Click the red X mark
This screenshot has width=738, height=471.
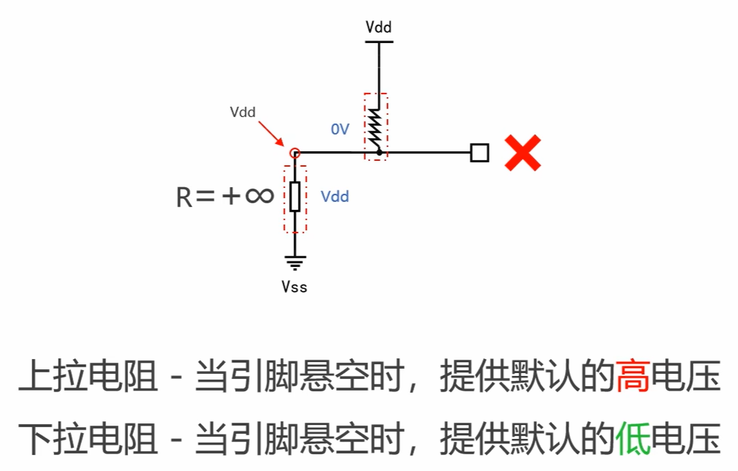[522, 152]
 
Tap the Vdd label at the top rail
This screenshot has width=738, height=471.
[378, 27]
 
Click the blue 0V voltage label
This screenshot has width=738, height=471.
[340, 129]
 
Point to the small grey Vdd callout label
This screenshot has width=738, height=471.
[243, 112]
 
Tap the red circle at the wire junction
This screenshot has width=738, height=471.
[295, 152]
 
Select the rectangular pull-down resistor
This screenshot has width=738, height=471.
[295, 196]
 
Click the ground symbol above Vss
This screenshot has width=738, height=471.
[295, 262]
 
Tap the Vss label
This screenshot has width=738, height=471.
[294, 286]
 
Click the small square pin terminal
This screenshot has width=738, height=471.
[479, 152]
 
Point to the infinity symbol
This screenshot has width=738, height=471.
[259, 196]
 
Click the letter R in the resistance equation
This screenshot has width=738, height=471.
[184, 198]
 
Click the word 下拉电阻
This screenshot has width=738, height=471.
[88, 439]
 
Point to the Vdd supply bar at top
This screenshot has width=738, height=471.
[378, 42]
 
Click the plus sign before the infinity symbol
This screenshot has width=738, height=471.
[230, 196]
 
